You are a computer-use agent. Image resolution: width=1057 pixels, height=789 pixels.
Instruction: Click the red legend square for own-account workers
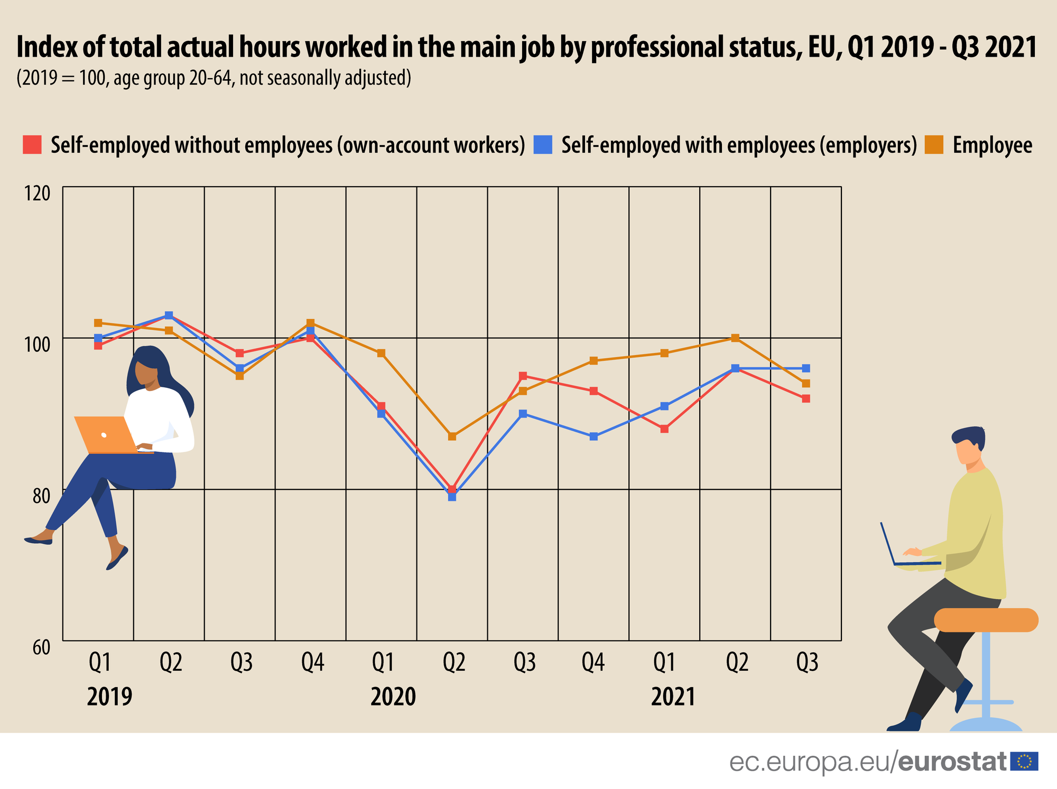coord(32,145)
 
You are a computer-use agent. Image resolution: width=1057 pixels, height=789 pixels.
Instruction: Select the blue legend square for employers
coord(543,145)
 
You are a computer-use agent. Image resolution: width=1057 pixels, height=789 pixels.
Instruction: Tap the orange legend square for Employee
coord(934,145)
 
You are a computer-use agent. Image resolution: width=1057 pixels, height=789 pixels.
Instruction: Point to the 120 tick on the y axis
coord(38,193)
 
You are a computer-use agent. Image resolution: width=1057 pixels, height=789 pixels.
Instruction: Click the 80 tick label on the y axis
coord(41,496)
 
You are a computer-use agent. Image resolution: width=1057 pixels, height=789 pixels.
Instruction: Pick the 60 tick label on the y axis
coord(41,648)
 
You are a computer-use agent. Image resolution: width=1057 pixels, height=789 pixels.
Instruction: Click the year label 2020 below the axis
coord(393,697)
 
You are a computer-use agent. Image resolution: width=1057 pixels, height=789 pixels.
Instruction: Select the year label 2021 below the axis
coord(673,697)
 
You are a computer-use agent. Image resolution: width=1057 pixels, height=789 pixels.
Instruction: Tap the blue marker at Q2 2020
coord(452,497)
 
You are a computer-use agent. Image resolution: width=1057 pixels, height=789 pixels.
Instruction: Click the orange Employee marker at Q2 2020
coord(452,437)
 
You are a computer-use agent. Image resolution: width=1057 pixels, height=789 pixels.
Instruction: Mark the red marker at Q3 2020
coord(523,376)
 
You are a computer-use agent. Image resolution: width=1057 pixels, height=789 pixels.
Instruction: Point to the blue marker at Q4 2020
coord(594,437)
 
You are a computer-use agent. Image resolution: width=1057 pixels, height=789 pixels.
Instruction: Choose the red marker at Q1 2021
coord(664,429)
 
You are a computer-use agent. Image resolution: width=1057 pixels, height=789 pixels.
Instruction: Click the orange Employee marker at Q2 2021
coord(735,338)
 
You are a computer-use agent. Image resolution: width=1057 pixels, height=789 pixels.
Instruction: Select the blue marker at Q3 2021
coord(806,368)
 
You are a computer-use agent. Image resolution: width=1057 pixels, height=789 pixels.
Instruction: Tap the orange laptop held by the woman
coord(106,435)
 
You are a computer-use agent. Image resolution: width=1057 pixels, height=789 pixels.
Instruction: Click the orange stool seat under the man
coord(986,620)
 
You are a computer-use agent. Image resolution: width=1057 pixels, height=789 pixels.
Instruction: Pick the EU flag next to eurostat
coord(1024,761)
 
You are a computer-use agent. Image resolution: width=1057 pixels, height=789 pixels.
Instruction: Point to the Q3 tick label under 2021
coord(807,662)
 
